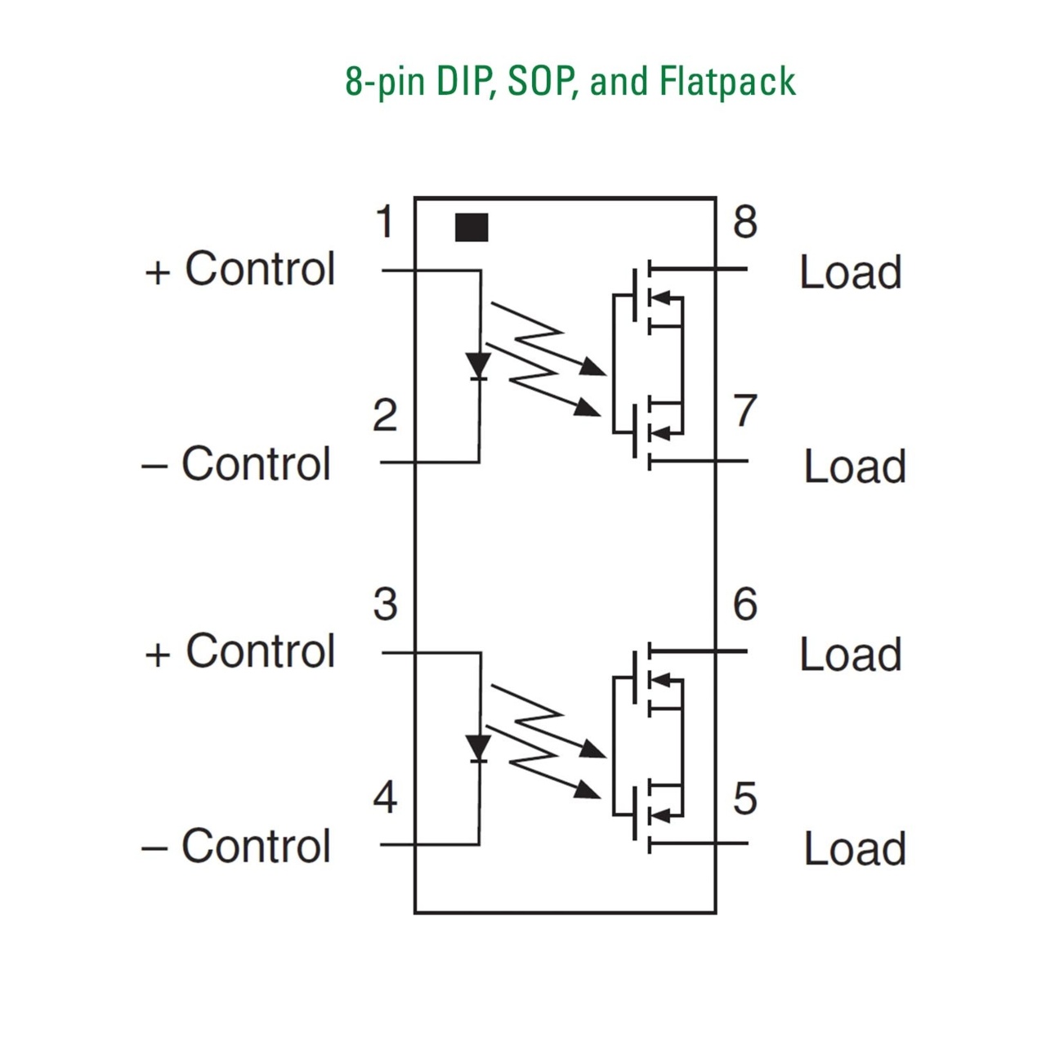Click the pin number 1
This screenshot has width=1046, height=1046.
pyautogui.click(x=385, y=222)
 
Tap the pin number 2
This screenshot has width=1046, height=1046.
pyautogui.click(x=385, y=416)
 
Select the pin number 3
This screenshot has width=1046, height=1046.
pyautogui.click(x=385, y=605)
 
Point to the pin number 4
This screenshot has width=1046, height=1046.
pyautogui.click(x=385, y=798)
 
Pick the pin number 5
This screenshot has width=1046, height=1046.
pyautogui.click(x=744, y=798)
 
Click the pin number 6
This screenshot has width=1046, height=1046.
pyautogui.click(x=744, y=605)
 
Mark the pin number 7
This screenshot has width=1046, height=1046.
pyautogui.click(x=744, y=411)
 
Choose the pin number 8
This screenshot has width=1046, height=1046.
pyautogui.click(x=744, y=222)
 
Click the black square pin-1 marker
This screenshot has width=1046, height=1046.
pyautogui.click(x=472, y=228)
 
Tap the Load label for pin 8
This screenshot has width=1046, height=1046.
pyautogui.click(x=851, y=273)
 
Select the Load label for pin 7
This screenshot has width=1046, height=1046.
pyautogui.click(x=855, y=467)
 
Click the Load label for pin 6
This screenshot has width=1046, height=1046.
pyautogui.click(x=851, y=655)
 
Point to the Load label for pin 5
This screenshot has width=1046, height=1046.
pyautogui.click(x=855, y=849)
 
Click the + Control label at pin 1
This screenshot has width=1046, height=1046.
pyautogui.click(x=240, y=269)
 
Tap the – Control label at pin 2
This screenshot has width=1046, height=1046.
pyautogui.click(x=237, y=464)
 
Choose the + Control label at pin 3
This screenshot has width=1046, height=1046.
pyautogui.click(x=240, y=651)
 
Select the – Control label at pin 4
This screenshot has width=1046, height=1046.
pyautogui.click(x=237, y=846)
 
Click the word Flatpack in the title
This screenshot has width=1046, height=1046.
pyautogui.click(x=727, y=82)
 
